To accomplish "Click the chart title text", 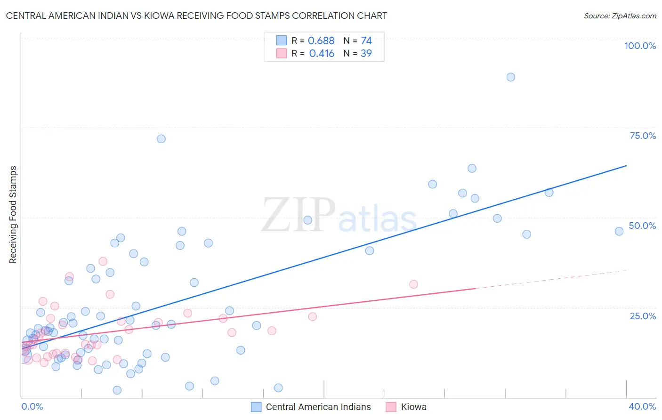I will coord(196,16).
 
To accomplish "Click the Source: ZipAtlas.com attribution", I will coord(620,16).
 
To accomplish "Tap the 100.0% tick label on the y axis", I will coord(640,46).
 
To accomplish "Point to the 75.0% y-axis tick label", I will coord(643,136).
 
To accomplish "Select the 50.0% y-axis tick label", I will coord(642,226).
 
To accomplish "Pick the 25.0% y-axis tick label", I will coord(643,315).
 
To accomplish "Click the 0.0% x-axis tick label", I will coord(32,406).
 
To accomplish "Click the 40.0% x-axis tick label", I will coord(642,406).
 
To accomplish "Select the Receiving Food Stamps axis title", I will coord(13,215).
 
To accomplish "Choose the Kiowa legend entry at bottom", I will coord(413,407).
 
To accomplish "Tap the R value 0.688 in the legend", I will coord(321,41).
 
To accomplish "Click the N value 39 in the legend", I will coord(366,54).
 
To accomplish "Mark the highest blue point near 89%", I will coord(511,77).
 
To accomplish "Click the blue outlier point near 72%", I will coord(161,139).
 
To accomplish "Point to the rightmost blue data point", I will coord(619,231).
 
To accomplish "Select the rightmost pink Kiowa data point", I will coord(413,284).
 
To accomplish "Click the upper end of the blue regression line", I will coord(626,166).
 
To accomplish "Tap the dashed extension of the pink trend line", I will coord(551,279).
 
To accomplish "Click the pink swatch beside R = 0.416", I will coord(282,54).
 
